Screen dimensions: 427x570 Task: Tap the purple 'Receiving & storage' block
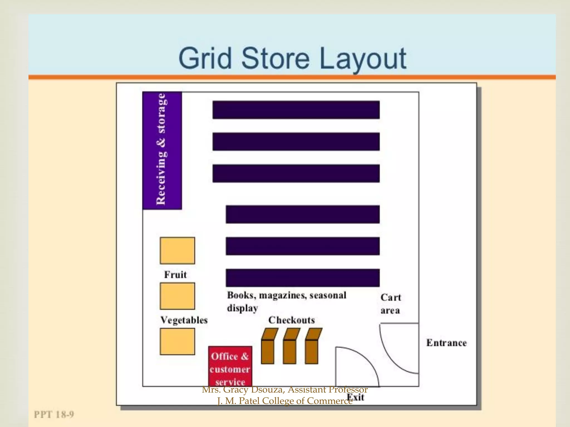coord(162,150)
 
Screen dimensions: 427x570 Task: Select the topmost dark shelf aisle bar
coord(296,110)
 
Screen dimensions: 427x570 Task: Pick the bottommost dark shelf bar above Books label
coord(303,277)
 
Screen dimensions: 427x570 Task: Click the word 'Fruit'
coord(175,275)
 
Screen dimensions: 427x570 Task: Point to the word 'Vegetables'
coord(184,320)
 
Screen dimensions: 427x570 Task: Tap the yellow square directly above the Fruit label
coord(177,250)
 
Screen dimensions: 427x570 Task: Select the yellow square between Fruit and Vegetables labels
coord(177,296)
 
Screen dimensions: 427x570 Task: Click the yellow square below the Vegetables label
coord(177,341)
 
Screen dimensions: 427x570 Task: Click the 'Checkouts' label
coord(291,320)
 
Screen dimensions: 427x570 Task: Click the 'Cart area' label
coord(391,304)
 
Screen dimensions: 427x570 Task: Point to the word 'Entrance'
coord(446,343)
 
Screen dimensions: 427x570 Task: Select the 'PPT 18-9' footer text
coord(54,414)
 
